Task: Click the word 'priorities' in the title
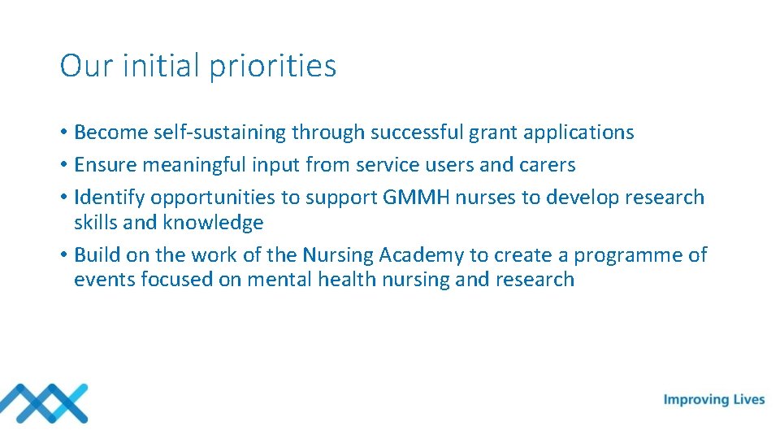click(272, 67)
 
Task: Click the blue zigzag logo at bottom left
click(44, 402)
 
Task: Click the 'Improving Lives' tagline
click(714, 399)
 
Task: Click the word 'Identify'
click(109, 198)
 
